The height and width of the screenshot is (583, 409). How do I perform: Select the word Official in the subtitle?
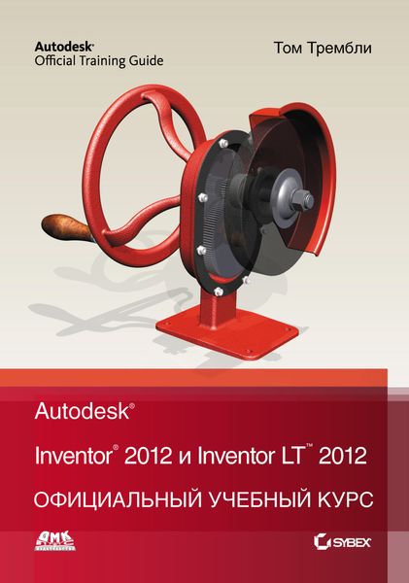(x=59, y=60)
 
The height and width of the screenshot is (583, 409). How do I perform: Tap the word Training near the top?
(x=109, y=60)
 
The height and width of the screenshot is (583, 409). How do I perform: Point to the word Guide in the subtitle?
(x=149, y=60)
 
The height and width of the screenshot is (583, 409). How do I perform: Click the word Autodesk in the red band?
(x=82, y=412)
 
